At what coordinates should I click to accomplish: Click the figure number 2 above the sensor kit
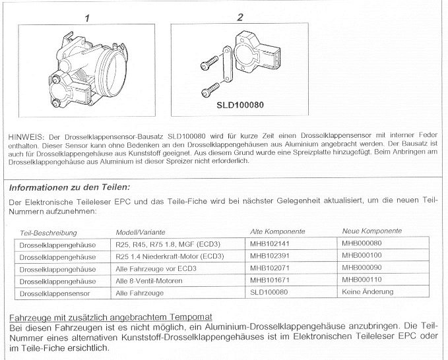tap(240, 17)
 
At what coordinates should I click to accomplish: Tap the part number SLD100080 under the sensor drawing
tap(240, 104)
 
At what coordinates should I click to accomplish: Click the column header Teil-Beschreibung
tap(48, 232)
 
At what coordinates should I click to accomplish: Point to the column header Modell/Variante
tap(140, 232)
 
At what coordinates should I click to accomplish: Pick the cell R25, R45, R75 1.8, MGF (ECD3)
tap(167, 244)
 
